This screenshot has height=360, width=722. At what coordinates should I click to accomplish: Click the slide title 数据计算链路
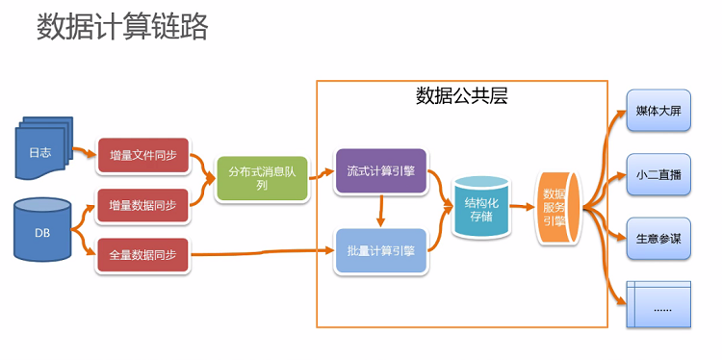[122, 27]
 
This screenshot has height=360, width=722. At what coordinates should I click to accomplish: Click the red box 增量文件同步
[142, 156]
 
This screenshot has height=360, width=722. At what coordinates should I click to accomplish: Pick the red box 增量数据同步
[142, 205]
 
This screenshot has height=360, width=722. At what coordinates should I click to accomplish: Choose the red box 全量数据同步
[142, 255]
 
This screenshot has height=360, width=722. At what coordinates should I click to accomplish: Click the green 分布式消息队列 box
[262, 178]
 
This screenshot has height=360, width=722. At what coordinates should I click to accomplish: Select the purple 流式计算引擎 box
[380, 170]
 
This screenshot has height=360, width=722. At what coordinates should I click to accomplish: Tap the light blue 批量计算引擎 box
[380, 251]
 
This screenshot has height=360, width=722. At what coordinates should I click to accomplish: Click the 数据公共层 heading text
[461, 96]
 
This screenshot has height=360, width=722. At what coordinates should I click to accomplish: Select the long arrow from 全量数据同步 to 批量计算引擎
[260, 254]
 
